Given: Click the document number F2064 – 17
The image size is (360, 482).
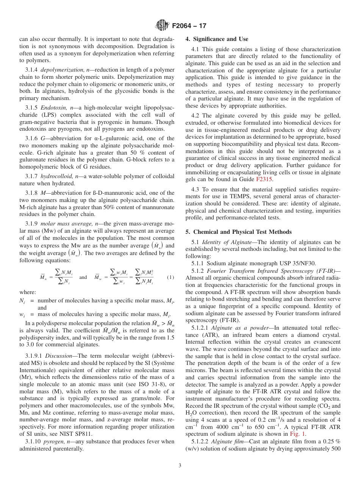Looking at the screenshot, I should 189,26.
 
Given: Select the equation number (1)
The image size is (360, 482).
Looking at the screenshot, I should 171,277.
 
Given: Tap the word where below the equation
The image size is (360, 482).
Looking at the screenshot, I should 28,292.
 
